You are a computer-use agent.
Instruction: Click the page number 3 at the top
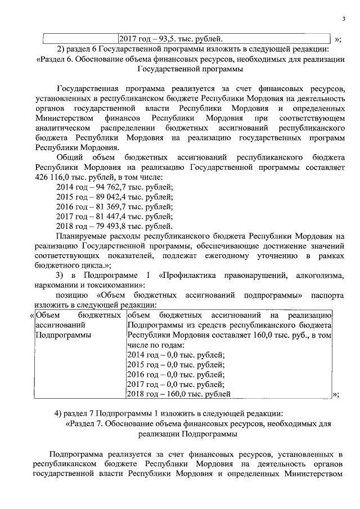343,21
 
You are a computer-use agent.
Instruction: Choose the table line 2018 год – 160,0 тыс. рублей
179,394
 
